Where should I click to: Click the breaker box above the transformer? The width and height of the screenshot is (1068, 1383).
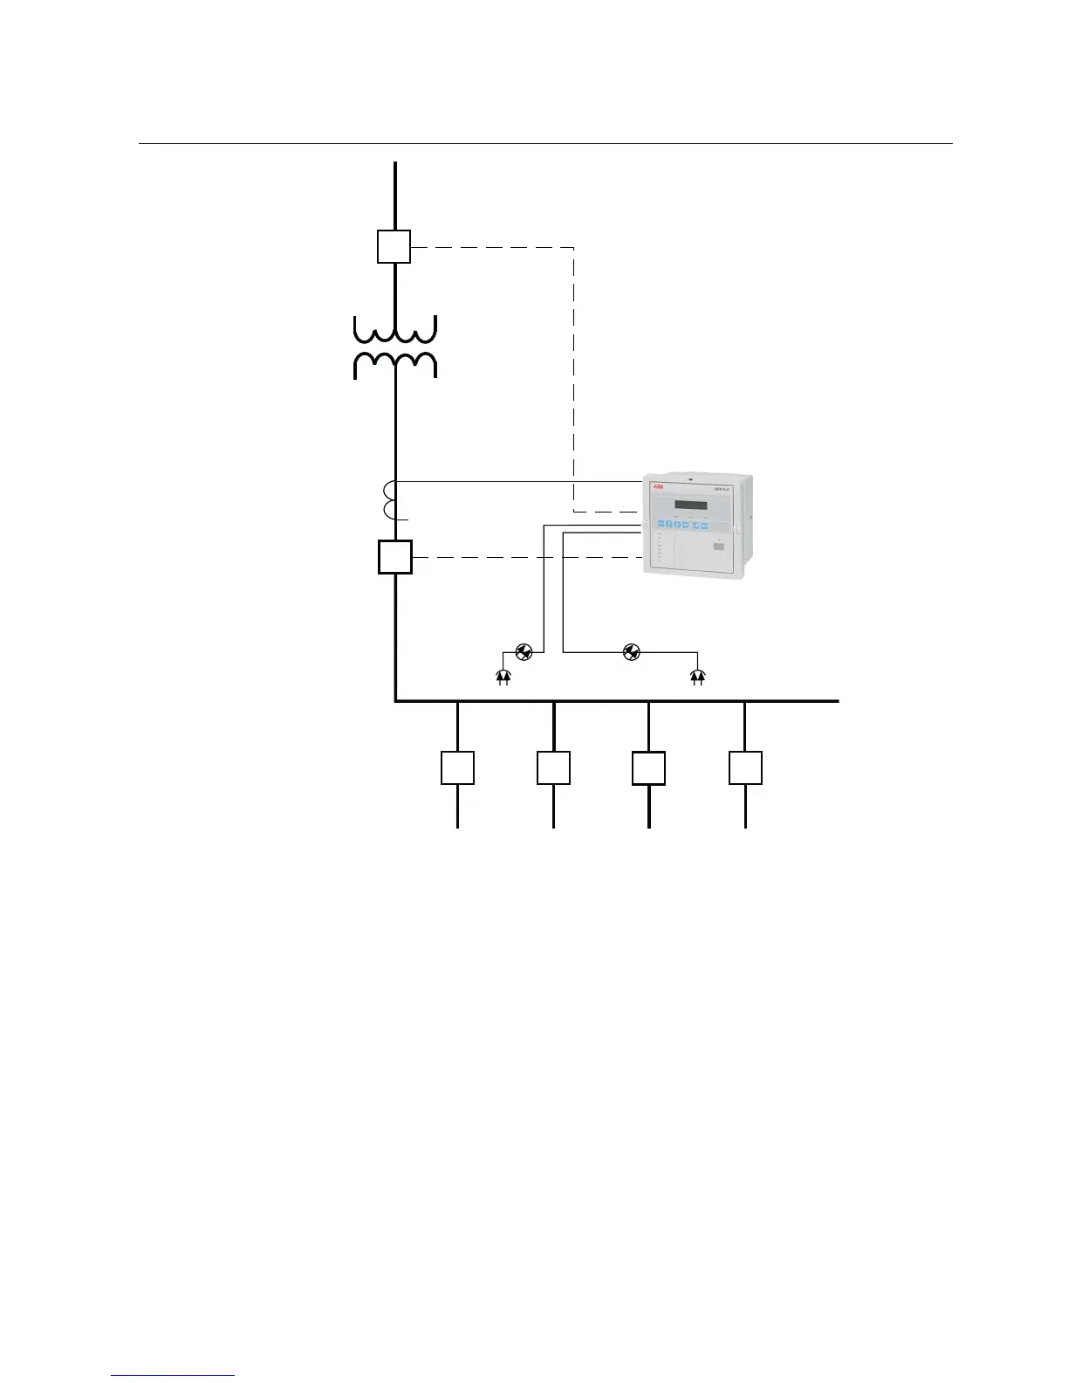click(394, 246)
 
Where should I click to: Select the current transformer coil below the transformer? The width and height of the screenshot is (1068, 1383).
click(391, 500)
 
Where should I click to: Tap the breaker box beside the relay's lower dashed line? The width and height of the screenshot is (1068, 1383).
click(394, 557)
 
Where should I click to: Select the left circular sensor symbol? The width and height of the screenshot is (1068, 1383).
click(524, 651)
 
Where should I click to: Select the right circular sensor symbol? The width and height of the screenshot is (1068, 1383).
click(632, 651)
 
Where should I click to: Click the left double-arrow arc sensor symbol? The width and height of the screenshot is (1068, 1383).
click(503, 676)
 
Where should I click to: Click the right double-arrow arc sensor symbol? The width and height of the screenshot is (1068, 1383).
click(697, 676)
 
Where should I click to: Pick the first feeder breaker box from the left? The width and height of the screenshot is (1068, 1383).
click(457, 767)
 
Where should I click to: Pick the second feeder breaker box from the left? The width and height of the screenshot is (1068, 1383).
click(553, 767)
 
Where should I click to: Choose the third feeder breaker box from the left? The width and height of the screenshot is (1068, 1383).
click(648, 767)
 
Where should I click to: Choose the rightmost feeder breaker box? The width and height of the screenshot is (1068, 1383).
click(745, 767)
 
